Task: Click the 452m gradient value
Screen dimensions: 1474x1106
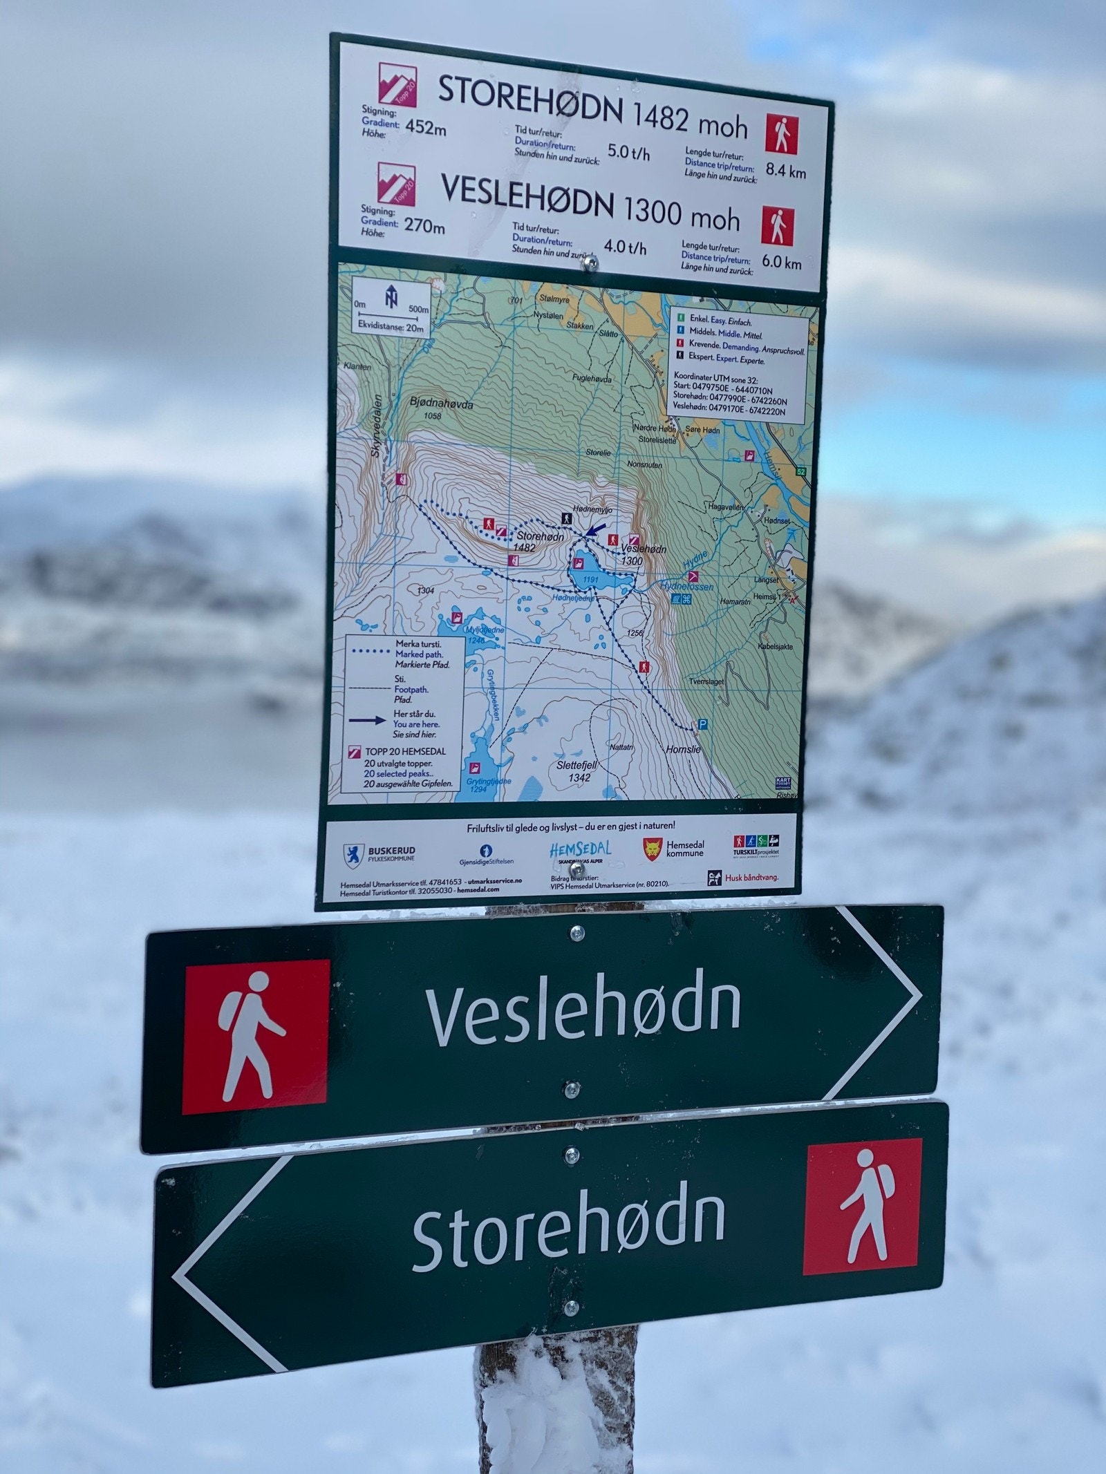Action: [x=425, y=127]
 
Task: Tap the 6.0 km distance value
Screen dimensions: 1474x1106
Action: [x=781, y=262]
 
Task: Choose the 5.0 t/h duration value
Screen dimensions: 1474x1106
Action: [x=628, y=152]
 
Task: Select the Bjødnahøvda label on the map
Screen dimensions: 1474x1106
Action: [x=441, y=403]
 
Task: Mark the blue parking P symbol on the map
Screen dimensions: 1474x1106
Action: [x=703, y=724]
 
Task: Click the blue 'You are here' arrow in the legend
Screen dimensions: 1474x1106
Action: [x=367, y=720]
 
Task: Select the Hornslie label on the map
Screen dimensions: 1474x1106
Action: [x=682, y=749]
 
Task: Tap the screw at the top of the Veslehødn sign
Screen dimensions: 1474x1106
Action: [x=575, y=934]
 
